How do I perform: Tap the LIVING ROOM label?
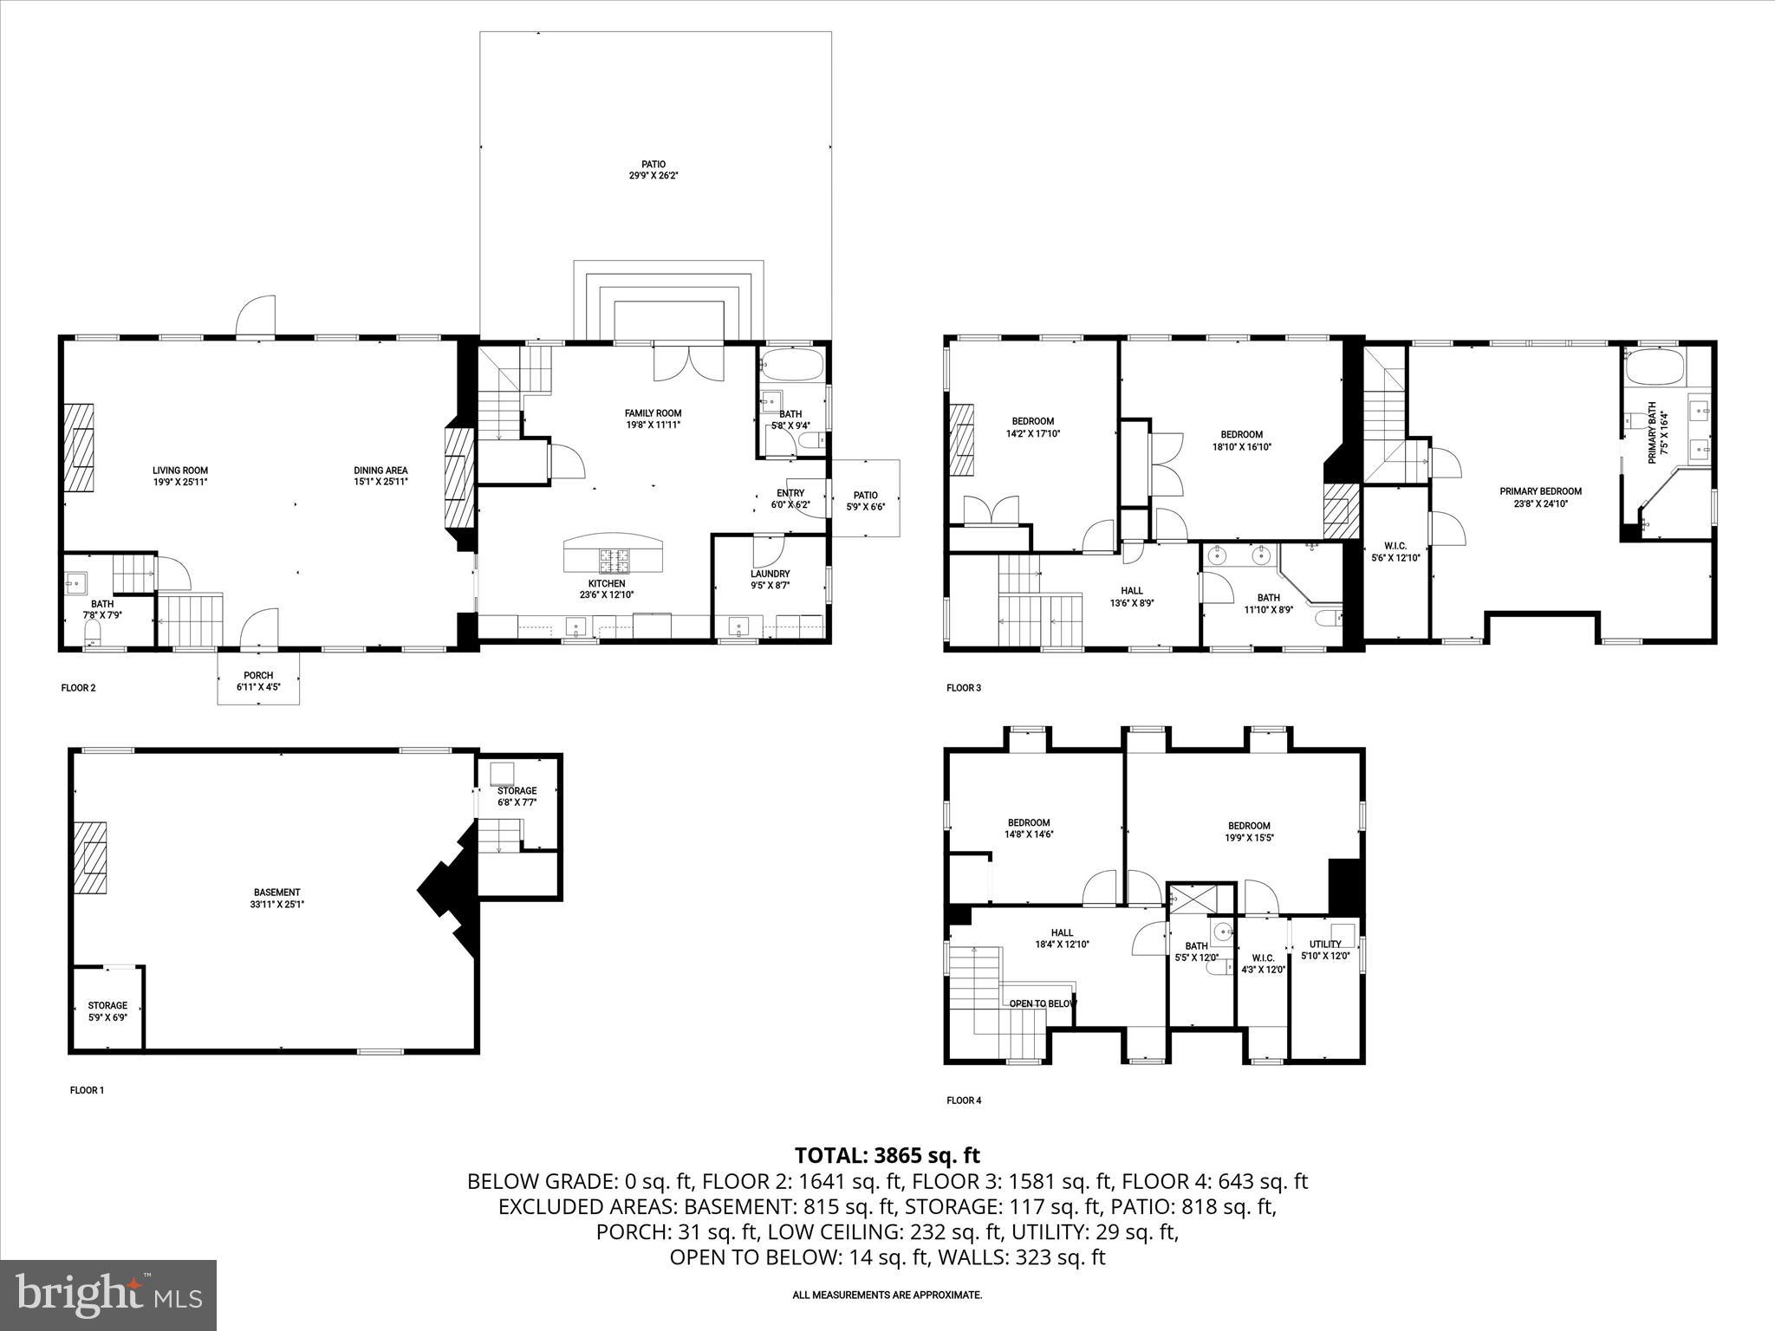pyautogui.click(x=180, y=476)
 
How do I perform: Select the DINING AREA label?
pyautogui.click(x=380, y=476)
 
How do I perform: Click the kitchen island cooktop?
pyautogui.click(x=614, y=561)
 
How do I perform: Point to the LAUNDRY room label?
pyautogui.click(x=770, y=579)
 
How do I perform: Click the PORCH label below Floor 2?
pyautogui.click(x=258, y=680)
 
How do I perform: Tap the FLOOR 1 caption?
pyautogui.click(x=87, y=1090)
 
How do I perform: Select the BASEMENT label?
pyautogui.click(x=276, y=898)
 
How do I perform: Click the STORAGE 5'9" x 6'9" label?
pyautogui.click(x=107, y=1011)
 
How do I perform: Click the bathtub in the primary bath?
pyautogui.click(x=1654, y=367)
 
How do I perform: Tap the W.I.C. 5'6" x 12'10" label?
pyautogui.click(x=1395, y=551)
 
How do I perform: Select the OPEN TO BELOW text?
pyautogui.click(x=1042, y=1003)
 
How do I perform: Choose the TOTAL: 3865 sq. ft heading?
pyautogui.click(x=887, y=1155)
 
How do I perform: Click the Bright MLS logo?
pyautogui.click(x=108, y=1295)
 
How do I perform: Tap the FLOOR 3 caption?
pyautogui.click(x=964, y=688)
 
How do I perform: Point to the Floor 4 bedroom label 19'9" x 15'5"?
pyautogui.click(x=1249, y=831)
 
